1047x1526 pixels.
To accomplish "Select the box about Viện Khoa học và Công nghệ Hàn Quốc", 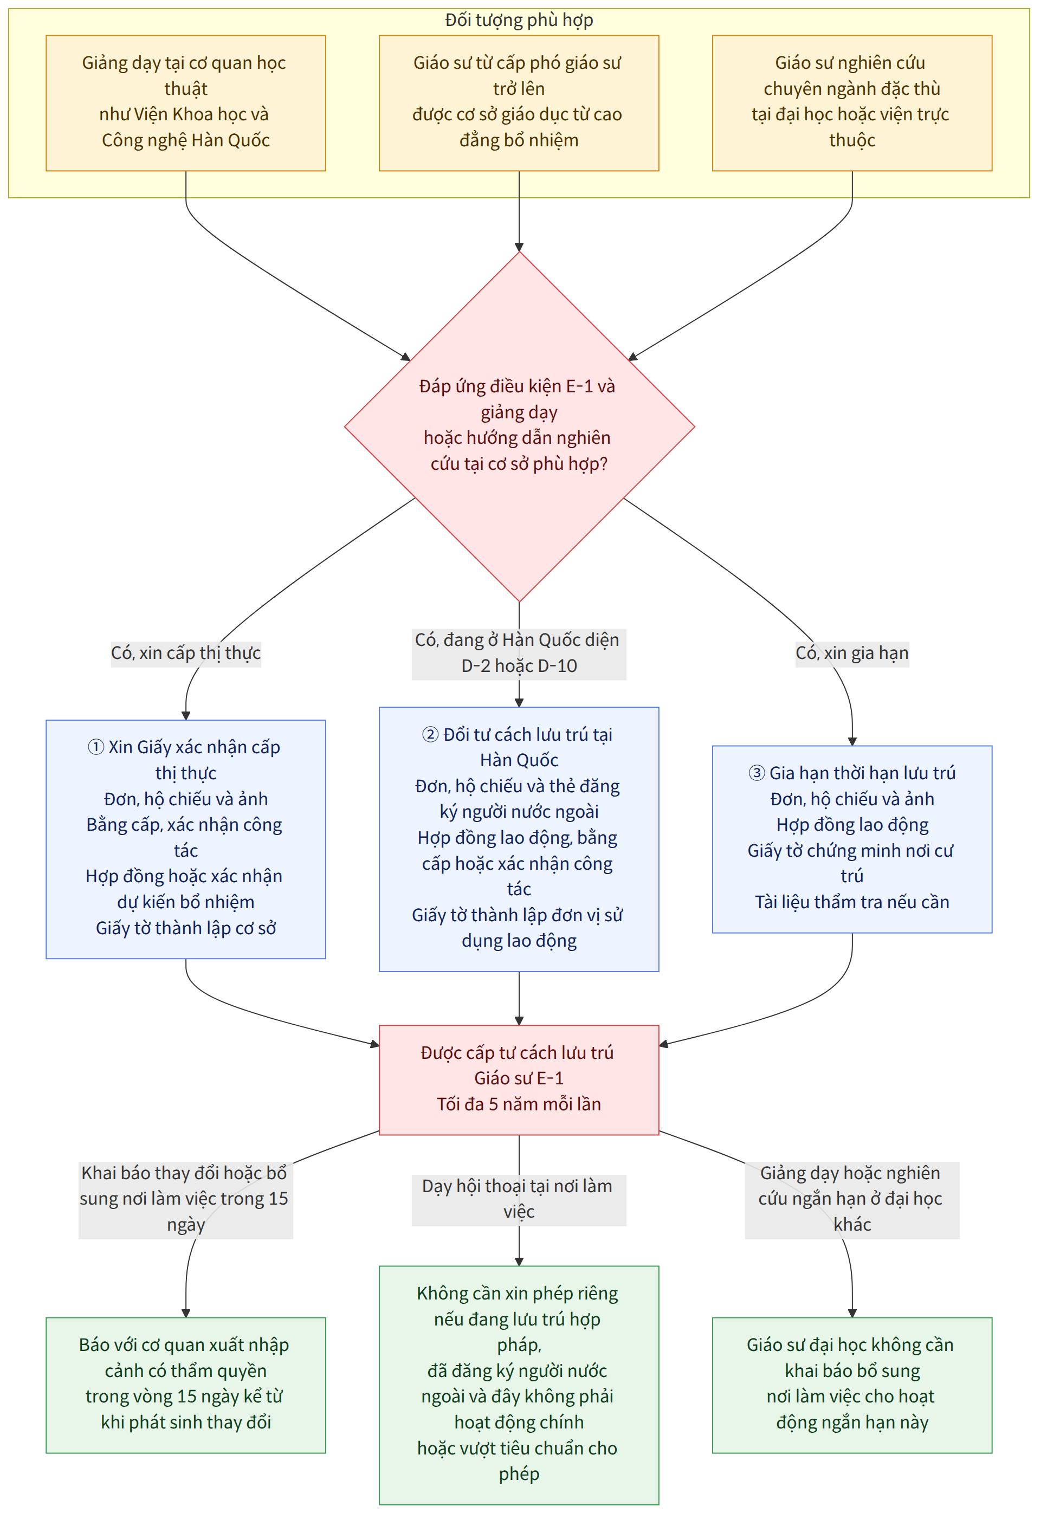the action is (x=186, y=103).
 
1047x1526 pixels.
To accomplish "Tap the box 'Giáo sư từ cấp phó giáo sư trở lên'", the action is (x=519, y=103).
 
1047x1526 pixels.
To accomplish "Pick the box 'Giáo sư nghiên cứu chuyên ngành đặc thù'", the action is (x=852, y=103).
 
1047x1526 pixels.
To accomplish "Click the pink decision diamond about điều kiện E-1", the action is (x=519, y=427).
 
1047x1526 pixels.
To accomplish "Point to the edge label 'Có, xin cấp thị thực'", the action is (x=186, y=654).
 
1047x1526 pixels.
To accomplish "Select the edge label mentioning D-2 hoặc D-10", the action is (x=519, y=654).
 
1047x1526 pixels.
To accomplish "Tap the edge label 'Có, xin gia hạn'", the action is (x=852, y=654).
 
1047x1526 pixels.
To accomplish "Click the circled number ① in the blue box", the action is (x=96, y=747).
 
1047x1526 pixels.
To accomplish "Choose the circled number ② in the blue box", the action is (x=430, y=734).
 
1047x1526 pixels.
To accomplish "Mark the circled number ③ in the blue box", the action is (x=757, y=773).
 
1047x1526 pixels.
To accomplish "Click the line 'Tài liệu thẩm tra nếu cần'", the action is (x=852, y=902).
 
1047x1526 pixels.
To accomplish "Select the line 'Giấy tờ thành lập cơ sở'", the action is (x=186, y=928).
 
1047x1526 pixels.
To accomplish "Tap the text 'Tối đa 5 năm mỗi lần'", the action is (x=519, y=1104).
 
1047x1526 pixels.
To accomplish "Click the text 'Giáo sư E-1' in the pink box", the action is (x=519, y=1078).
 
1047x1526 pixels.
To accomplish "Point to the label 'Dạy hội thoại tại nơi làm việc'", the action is (x=519, y=1200).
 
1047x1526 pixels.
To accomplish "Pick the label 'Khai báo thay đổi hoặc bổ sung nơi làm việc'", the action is (x=186, y=1200).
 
